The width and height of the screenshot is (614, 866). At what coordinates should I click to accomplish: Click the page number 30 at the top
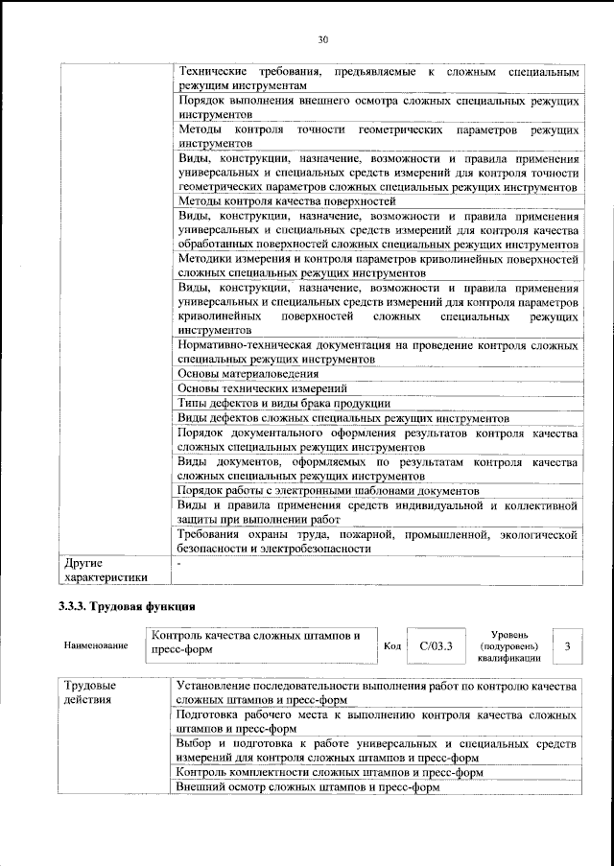click(323, 39)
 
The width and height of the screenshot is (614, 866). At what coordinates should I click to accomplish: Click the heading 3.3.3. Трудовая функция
click(128, 606)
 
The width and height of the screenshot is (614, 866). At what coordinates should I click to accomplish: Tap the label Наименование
click(96, 646)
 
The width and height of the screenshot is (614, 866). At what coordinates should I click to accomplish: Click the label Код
click(391, 646)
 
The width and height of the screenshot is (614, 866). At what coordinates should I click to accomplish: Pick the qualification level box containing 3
click(567, 646)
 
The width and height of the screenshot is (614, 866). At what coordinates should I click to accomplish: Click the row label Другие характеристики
click(105, 571)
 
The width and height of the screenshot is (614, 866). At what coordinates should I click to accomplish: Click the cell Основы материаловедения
click(249, 373)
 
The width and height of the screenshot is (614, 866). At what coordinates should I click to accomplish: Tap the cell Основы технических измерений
click(262, 388)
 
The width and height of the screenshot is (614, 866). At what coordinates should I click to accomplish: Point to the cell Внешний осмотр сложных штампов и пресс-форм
click(308, 787)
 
